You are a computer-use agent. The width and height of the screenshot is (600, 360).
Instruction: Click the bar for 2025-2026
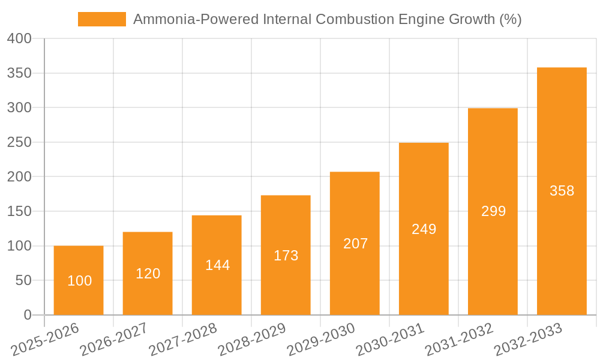coord(79,264)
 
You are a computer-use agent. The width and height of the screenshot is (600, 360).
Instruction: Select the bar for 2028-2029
coord(286,228)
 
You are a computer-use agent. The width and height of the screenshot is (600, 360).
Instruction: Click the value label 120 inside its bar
coord(148,274)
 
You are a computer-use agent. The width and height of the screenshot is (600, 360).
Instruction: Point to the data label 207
coord(355,244)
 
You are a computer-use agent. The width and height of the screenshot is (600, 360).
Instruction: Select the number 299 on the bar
coord(493,211)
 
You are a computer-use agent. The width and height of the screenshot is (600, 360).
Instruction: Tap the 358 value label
coord(562,191)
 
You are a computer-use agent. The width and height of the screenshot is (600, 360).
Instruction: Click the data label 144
coord(217,265)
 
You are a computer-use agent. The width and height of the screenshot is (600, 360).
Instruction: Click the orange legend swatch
coord(102,19)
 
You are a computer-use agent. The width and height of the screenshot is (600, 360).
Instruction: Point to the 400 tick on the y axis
coord(19,39)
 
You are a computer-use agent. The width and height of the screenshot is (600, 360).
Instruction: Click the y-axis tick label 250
coord(19,142)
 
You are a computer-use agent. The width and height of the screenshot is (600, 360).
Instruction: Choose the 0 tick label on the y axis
coord(27,315)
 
